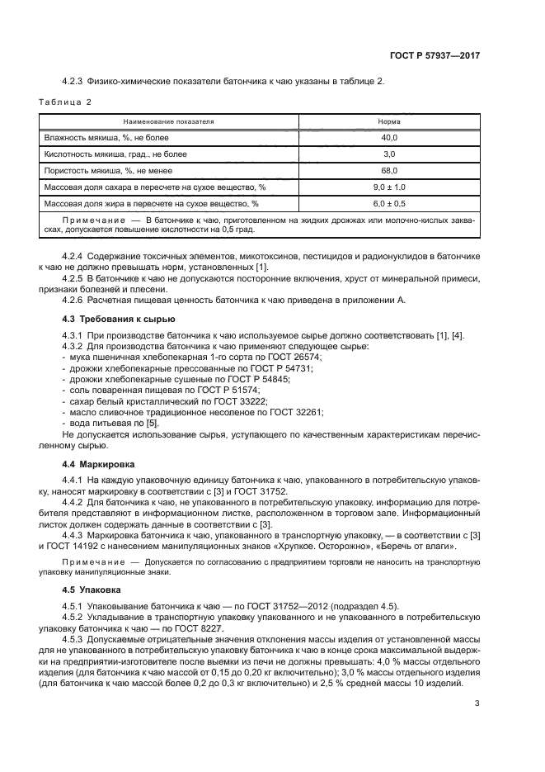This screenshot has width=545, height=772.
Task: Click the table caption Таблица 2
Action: point(65,102)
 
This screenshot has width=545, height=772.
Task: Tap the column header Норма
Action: point(389,121)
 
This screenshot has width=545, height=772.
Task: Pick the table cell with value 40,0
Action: point(389,137)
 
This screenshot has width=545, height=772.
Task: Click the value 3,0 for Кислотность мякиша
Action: point(389,154)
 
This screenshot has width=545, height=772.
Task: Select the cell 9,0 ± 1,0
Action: point(389,187)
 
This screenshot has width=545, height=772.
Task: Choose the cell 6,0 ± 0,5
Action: point(389,203)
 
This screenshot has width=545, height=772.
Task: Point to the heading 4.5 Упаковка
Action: point(92,590)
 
